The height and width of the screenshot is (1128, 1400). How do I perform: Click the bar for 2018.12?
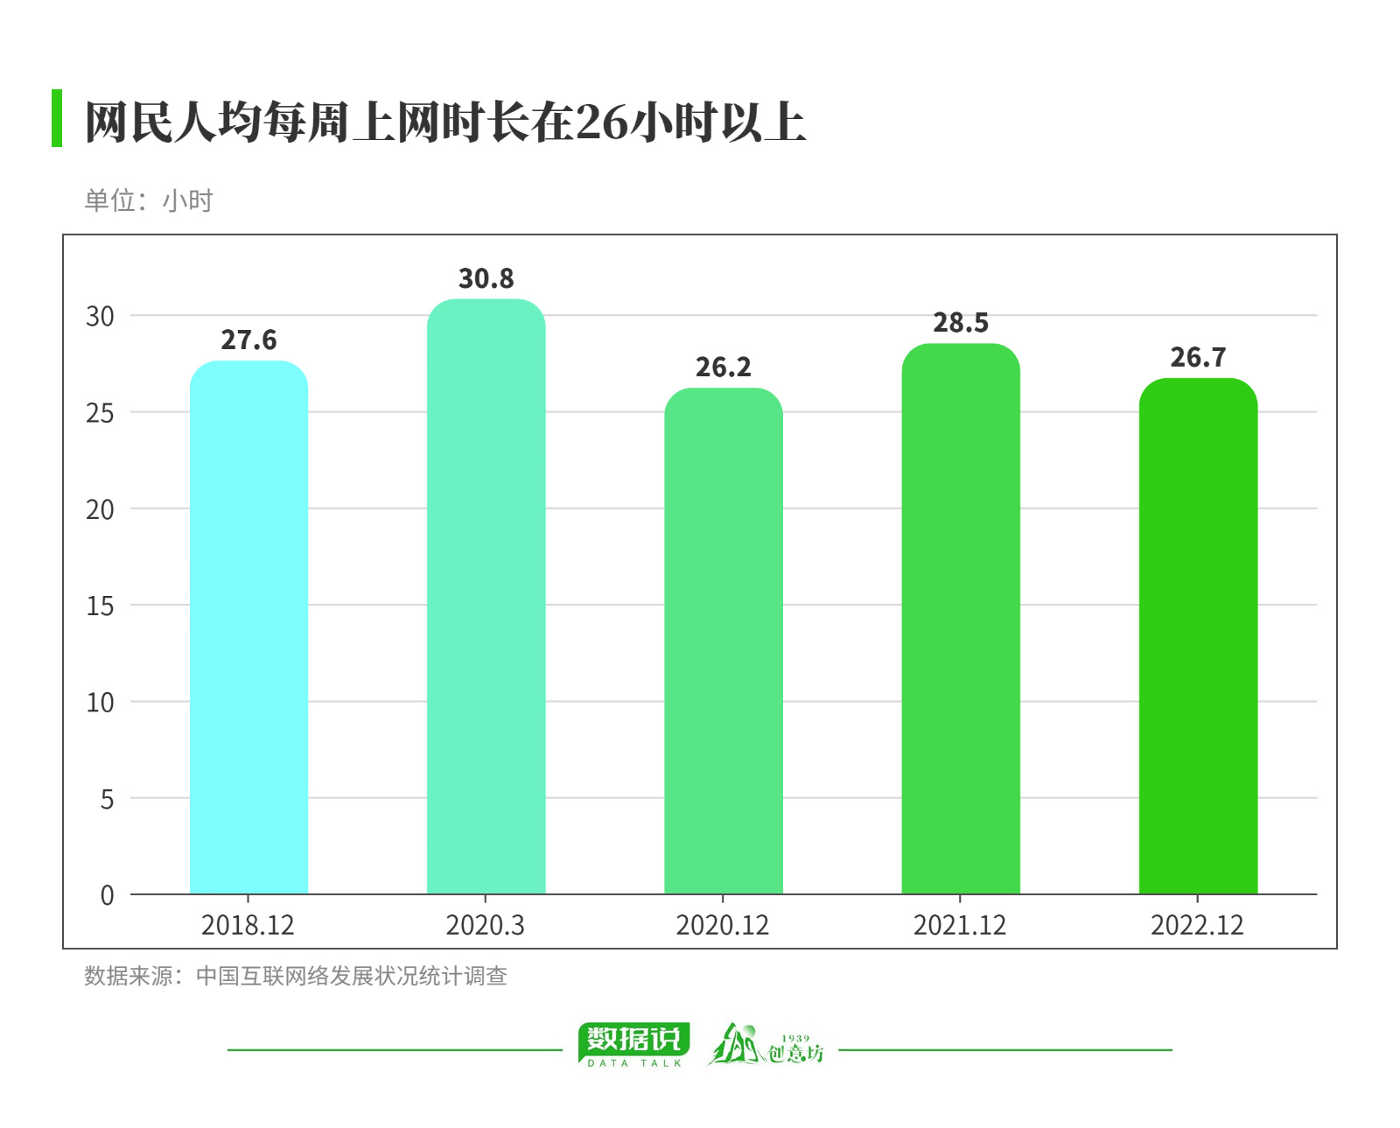coord(248,627)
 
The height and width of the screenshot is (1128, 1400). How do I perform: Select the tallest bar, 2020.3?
coord(486,597)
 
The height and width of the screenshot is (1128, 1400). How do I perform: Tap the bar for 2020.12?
coord(723,641)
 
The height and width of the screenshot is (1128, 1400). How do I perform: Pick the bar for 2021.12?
coord(960,619)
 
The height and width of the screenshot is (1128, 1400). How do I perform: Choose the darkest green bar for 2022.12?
coord(1198,636)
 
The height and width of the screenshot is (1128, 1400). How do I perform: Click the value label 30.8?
coord(486,279)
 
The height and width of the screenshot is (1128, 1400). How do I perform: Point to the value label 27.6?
coord(248,340)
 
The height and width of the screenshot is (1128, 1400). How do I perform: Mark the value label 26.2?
coord(723,368)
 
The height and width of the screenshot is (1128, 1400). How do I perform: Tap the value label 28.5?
coord(960,323)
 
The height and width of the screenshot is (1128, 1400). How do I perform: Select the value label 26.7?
coord(1198,358)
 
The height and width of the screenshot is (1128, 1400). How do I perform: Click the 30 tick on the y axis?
coord(100,317)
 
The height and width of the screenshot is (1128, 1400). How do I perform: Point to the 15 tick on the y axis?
coord(100,606)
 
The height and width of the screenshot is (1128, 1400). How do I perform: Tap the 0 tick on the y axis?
coord(107,895)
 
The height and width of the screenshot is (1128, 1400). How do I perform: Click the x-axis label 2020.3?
coord(485,926)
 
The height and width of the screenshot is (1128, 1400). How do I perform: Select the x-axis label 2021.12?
coord(959,926)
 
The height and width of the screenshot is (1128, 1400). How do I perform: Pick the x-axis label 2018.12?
coord(248,926)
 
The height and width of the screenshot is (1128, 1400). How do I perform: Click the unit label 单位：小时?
coord(148,201)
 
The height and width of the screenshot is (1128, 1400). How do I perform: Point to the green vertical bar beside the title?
coord(57,118)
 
